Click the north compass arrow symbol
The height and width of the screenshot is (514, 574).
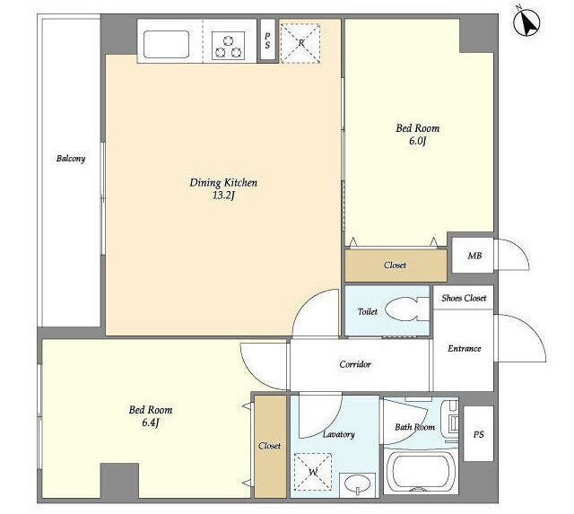pyautogui.click(x=526, y=22)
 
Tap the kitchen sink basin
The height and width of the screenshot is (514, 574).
pyautogui.click(x=166, y=44)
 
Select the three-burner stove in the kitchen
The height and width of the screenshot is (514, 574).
pyautogui.click(x=229, y=46)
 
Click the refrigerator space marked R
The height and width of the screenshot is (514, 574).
pyautogui.click(x=300, y=44)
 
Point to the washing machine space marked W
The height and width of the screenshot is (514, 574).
pyautogui.click(x=313, y=472)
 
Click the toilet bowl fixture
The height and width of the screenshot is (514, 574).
pyautogui.click(x=406, y=309)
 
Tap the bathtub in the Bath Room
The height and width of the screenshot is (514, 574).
pyautogui.click(x=421, y=472)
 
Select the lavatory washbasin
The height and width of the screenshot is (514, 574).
pyautogui.click(x=357, y=484)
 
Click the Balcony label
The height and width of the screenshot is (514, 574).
pyautogui.click(x=71, y=159)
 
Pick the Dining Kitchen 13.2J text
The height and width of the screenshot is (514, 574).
pyautogui.click(x=223, y=188)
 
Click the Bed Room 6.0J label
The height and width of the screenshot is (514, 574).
pyautogui.click(x=418, y=135)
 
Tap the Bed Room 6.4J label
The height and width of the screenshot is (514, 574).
pyautogui.click(x=151, y=416)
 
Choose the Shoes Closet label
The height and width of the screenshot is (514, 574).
pyautogui.click(x=464, y=298)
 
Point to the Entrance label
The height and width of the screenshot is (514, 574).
pyautogui.click(x=465, y=348)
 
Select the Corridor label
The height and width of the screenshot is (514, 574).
pyautogui.click(x=355, y=364)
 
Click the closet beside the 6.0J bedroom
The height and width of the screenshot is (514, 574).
pyautogui.click(x=396, y=266)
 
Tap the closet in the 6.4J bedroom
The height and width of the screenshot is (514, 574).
pyautogui.click(x=270, y=446)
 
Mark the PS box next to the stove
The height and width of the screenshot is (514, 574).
pyautogui.click(x=267, y=39)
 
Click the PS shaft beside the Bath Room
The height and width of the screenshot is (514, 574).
pyautogui.click(x=478, y=433)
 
